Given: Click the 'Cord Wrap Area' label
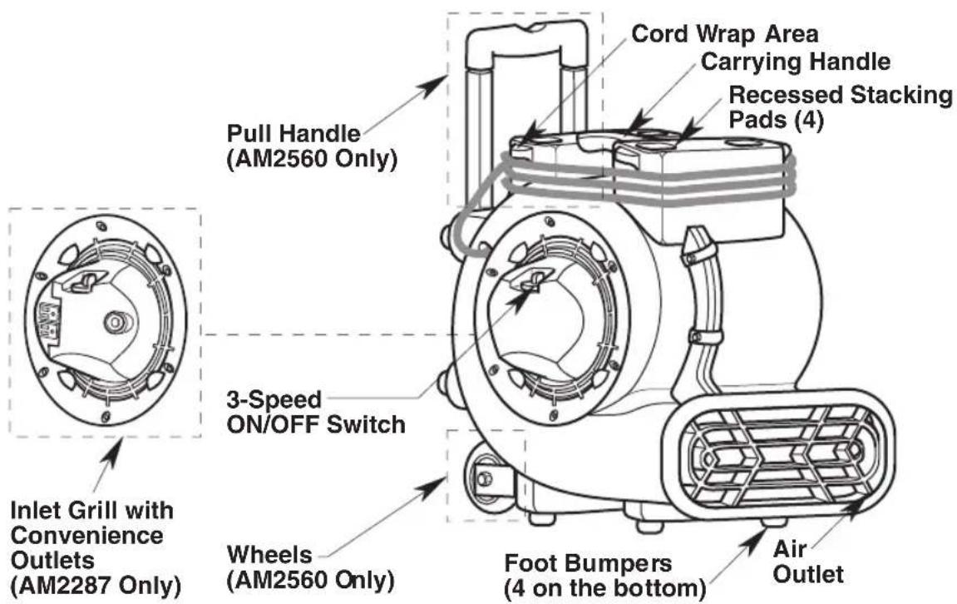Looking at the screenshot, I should point(724,34).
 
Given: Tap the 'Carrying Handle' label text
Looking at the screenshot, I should point(796,62).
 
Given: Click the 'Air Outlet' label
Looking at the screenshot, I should point(808,562).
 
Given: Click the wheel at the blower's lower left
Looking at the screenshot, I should point(484,479).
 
